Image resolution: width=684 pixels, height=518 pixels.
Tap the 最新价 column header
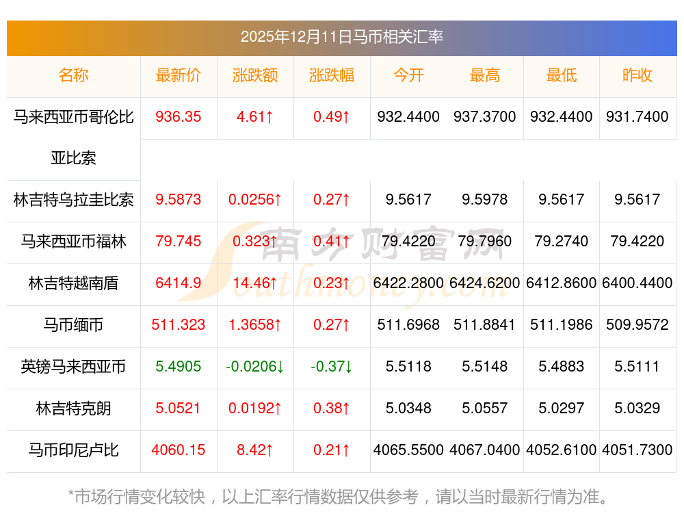pos(179,75)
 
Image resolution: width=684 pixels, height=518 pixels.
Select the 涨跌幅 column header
pos(332,75)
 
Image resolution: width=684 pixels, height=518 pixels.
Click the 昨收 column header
pos(637,75)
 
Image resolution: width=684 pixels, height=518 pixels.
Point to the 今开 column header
pos(408,75)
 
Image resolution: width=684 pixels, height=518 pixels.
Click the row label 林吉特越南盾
pos(73,283)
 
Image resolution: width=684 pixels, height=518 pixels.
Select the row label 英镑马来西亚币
pos(73,367)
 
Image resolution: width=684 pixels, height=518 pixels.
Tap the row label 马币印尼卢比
pos(73,450)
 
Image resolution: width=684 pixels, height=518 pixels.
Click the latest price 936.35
pos(179,117)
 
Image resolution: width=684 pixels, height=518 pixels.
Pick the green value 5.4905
pos(179,367)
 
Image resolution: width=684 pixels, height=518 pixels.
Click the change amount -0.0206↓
pos(255,367)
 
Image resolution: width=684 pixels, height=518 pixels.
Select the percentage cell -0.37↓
pos(332,367)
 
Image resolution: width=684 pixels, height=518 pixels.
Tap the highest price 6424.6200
pos(485,283)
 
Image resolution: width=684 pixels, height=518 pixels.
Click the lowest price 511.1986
pos(562,325)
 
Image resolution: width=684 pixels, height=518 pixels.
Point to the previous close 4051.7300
pos(637,450)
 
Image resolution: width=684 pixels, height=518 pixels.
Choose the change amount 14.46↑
pos(255,283)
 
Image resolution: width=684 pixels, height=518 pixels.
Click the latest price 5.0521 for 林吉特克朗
pos(179,409)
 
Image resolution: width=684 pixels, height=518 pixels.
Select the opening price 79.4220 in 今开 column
pos(408,242)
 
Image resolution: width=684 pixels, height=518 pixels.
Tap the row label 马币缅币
pos(73,325)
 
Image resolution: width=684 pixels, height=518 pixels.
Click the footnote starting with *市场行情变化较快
pos(339,497)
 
